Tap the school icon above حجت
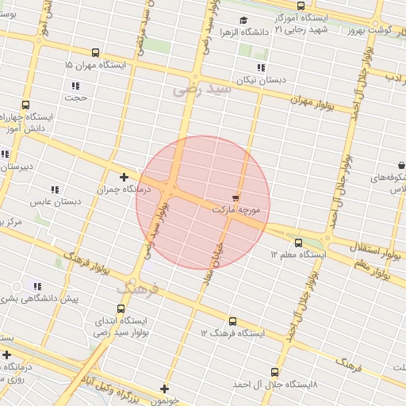pyautogui.click(x=75, y=86)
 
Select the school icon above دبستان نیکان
pyautogui.click(x=261, y=67)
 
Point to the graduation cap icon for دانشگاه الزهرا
pyautogui.click(x=243, y=21)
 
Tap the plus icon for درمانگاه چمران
pyautogui.click(x=124, y=177)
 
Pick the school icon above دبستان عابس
pyautogui.click(x=55, y=190)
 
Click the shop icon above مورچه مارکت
pyautogui.click(x=235, y=195)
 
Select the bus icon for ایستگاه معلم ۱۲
pyautogui.click(x=298, y=243)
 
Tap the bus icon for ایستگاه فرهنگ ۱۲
pyautogui.click(x=232, y=321)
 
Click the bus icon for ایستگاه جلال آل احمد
pyautogui.click(x=274, y=371)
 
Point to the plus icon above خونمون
pyautogui.click(x=164, y=389)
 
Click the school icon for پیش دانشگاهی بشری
pyautogui.click(x=36, y=286)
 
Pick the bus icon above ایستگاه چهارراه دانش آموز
pyautogui.click(x=25, y=105)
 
